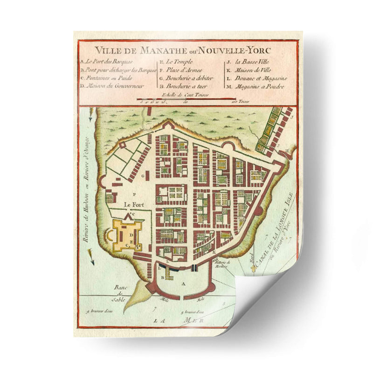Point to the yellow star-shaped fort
[124, 235]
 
